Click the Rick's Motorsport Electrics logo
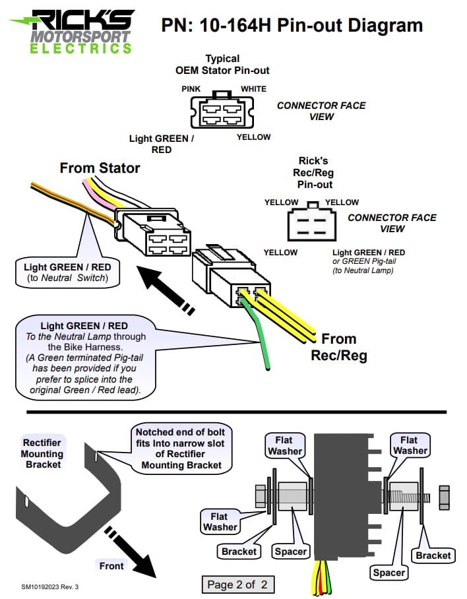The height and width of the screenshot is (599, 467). (x=73, y=31)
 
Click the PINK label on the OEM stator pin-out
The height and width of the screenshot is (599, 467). (x=191, y=88)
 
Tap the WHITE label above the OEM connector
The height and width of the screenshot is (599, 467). (x=253, y=88)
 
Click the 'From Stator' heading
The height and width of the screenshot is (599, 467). (x=100, y=168)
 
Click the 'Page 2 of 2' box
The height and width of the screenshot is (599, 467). (x=238, y=584)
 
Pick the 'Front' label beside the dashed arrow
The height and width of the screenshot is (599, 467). (x=111, y=565)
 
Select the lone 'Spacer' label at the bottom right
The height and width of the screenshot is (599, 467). (x=389, y=573)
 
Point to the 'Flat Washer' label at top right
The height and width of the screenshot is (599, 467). (x=409, y=445)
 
